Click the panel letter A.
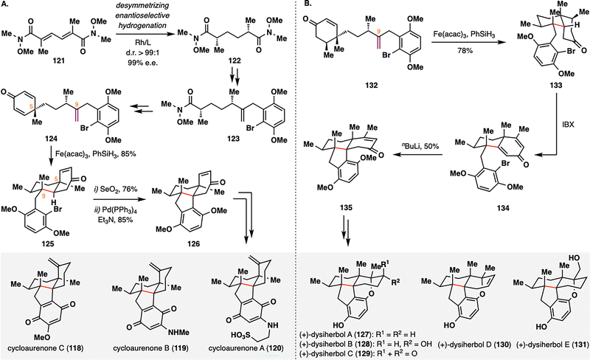7,7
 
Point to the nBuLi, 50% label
423,175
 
